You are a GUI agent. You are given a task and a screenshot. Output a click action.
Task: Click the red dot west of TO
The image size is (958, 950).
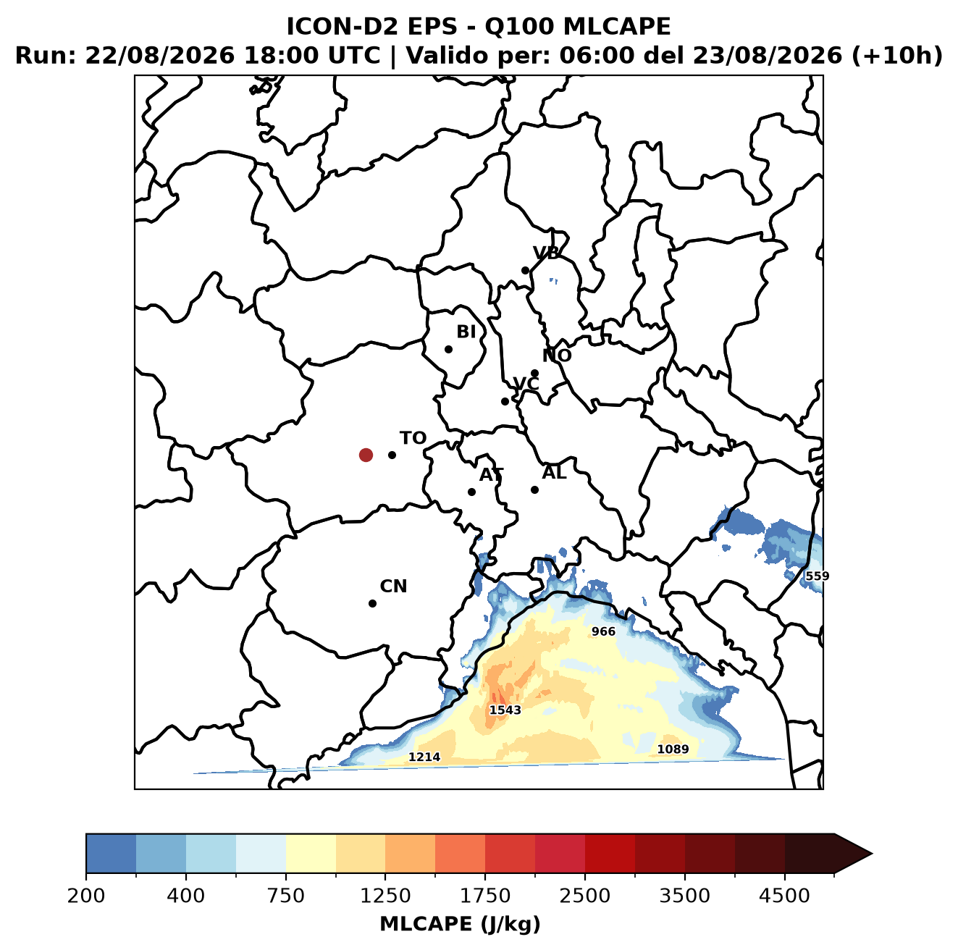click(x=366, y=455)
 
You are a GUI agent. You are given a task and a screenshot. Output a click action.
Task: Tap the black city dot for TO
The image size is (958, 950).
click(x=392, y=455)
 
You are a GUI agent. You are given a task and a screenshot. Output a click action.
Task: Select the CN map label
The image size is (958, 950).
click(x=393, y=587)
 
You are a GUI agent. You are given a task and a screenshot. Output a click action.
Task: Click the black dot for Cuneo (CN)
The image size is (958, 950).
click(x=372, y=603)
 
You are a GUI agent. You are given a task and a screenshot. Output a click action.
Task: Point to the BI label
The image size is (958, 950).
click(x=466, y=332)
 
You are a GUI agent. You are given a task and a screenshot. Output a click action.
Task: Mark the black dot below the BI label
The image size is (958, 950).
click(x=448, y=350)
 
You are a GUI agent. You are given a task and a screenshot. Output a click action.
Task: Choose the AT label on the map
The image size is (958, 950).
click(x=491, y=475)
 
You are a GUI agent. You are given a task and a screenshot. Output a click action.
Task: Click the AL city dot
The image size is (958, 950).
click(x=534, y=489)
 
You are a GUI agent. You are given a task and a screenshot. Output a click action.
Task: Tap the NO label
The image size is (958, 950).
click(x=557, y=356)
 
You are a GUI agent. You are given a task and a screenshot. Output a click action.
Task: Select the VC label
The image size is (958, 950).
click(x=526, y=384)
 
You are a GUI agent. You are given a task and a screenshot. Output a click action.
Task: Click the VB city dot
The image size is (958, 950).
click(x=525, y=270)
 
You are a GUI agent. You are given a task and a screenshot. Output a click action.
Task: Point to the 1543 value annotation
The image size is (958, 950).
click(x=505, y=710)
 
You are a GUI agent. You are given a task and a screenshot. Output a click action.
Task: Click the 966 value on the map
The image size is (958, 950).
click(x=603, y=631)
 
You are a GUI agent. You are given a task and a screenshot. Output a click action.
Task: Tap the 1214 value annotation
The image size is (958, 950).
click(x=424, y=757)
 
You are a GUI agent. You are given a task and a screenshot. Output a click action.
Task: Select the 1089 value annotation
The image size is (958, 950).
click(x=673, y=749)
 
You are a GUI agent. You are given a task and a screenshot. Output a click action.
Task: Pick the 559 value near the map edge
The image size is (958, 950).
click(x=818, y=576)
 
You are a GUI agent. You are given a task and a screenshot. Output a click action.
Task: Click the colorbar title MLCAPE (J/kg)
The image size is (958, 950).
click(x=460, y=924)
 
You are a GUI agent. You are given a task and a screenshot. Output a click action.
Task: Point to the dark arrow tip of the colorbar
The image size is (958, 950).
click(x=871, y=854)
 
